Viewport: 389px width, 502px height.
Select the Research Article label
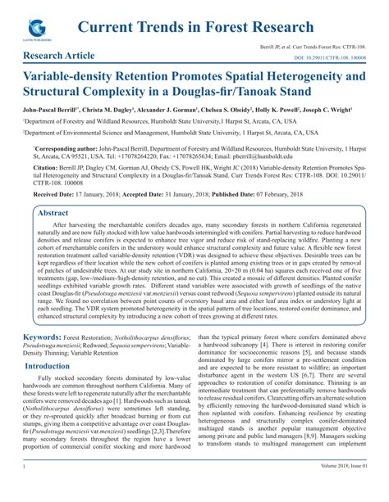point(59,57)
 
